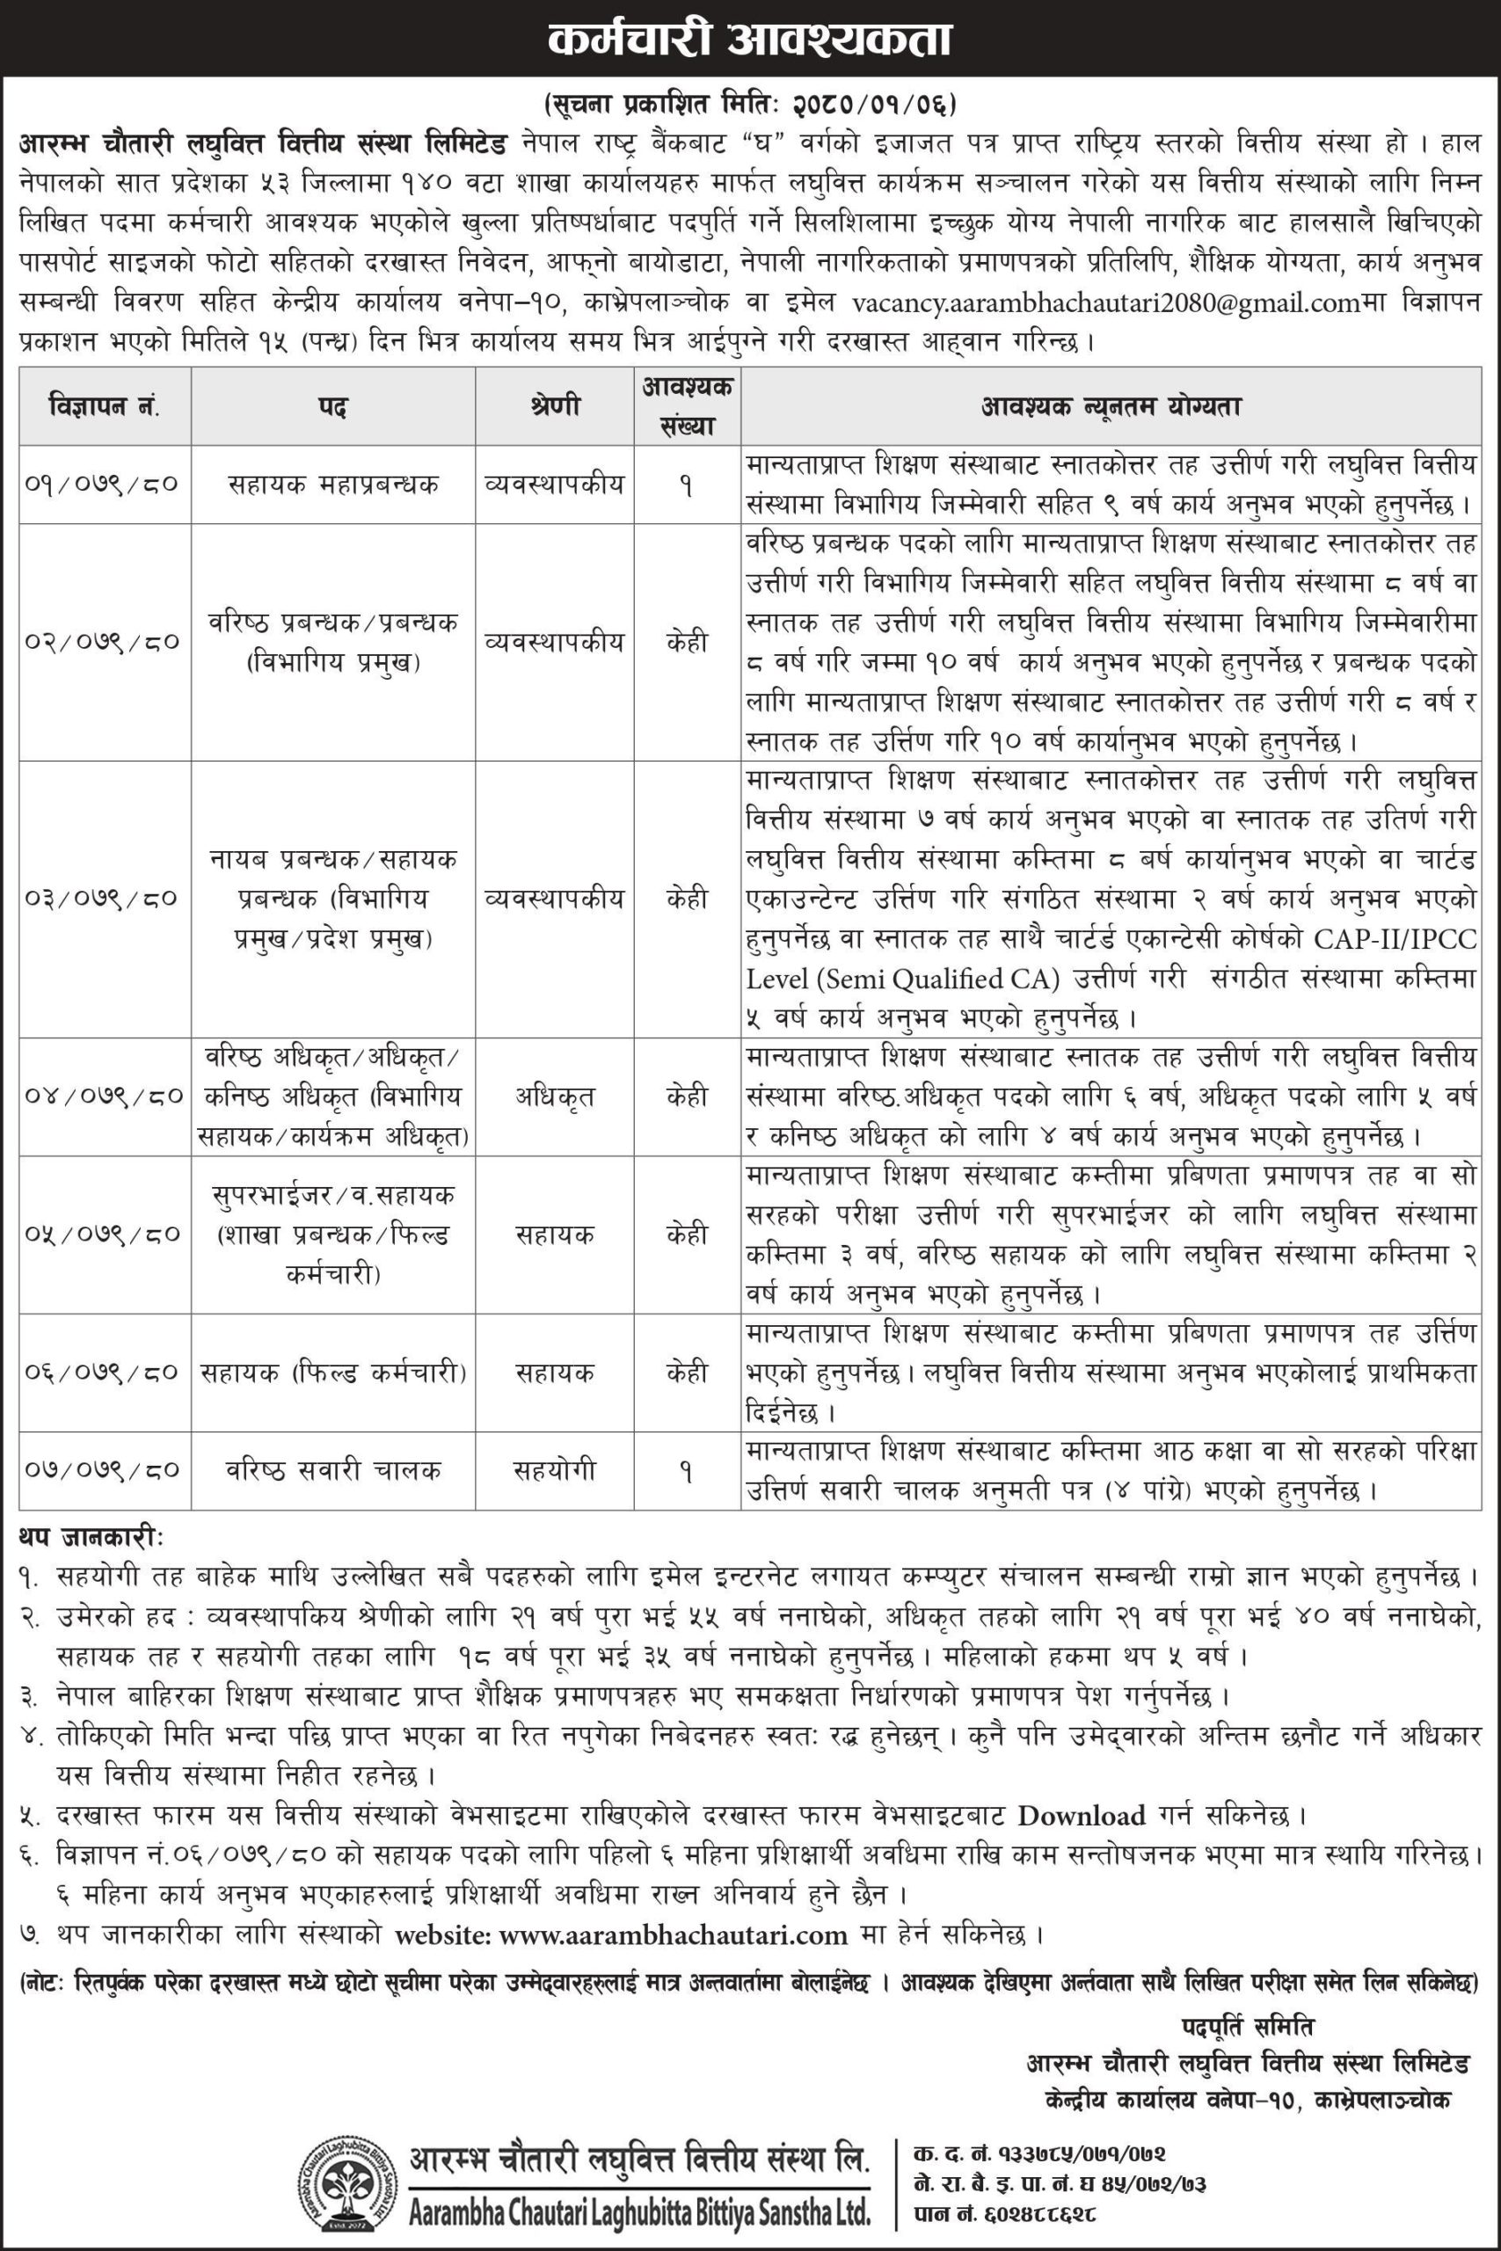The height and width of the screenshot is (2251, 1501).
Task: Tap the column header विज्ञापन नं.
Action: (105, 408)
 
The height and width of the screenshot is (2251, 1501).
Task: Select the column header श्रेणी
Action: (554, 408)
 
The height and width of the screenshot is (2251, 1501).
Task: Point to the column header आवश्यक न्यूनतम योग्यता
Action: (1111, 408)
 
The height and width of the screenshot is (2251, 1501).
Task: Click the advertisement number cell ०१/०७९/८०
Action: (105, 485)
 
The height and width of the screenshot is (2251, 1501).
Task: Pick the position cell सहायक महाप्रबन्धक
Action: (332, 485)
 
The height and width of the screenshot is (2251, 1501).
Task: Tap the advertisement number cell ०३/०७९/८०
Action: (105, 899)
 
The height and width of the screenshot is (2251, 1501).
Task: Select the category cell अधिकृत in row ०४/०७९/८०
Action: (554, 1096)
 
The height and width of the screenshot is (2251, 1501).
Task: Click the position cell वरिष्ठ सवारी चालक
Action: (332, 1470)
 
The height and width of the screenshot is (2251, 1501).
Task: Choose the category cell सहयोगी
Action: (554, 1470)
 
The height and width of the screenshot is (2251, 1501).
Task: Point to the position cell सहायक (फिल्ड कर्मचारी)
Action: (332, 1373)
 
